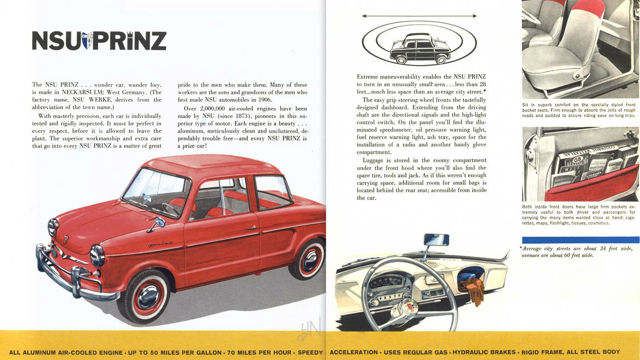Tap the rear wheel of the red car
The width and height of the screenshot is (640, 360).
click(310, 259)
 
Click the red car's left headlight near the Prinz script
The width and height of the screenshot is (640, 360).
click(97, 255)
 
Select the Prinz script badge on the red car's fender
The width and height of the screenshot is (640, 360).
click(161, 245)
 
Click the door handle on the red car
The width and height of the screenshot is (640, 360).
click(251, 227)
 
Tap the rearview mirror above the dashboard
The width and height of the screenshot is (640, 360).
click(436, 240)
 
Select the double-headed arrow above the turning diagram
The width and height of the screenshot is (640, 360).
click(419, 16)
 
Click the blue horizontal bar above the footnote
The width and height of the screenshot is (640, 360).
click(580, 240)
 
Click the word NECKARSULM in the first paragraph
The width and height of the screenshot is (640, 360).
click(81, 92)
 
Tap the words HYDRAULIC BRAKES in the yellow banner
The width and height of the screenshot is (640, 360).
click(484, 352)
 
